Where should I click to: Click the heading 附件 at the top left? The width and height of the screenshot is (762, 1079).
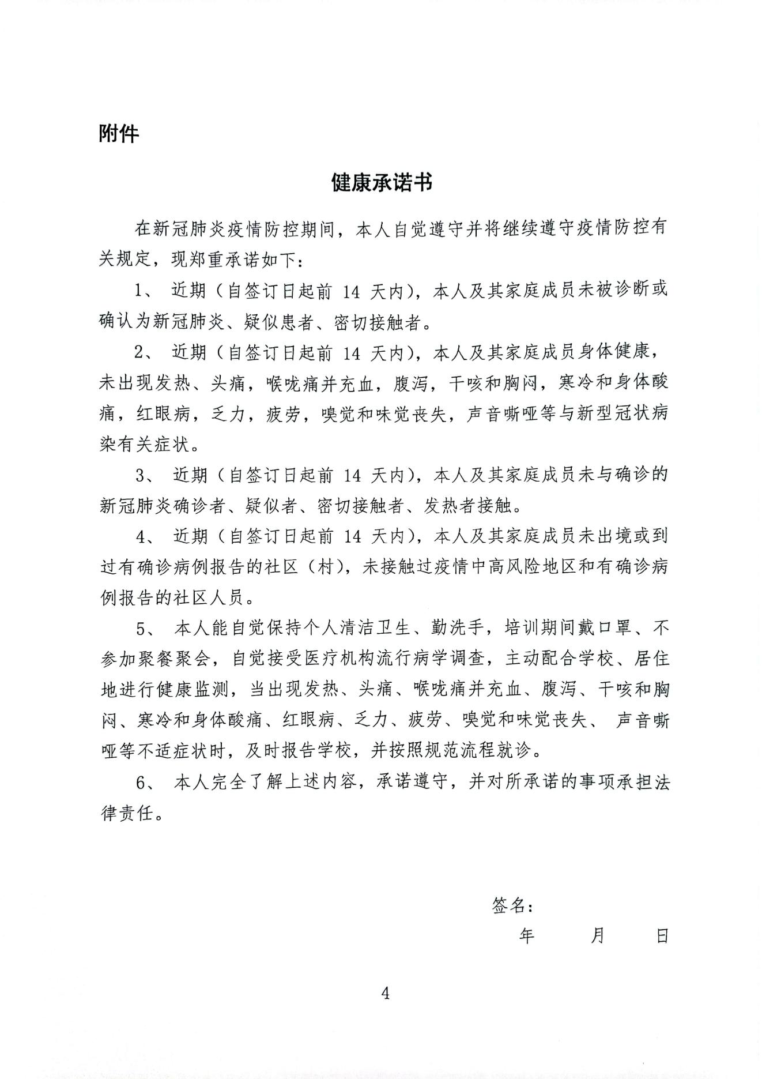click(119, 134)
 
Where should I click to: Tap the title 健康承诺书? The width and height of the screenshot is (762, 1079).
click(382, 183)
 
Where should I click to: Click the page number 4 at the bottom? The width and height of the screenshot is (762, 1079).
click(386, 993)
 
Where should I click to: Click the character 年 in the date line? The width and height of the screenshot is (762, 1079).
click(527, 935)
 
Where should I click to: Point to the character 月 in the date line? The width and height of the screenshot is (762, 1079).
click(598, 935)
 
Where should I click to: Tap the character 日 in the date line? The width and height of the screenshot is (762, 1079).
click(662, 935)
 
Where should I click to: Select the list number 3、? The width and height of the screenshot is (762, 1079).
click(144, 476)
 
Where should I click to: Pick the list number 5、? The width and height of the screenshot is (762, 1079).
click(144, 628)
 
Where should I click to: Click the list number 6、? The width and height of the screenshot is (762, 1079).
click(144, 783)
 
